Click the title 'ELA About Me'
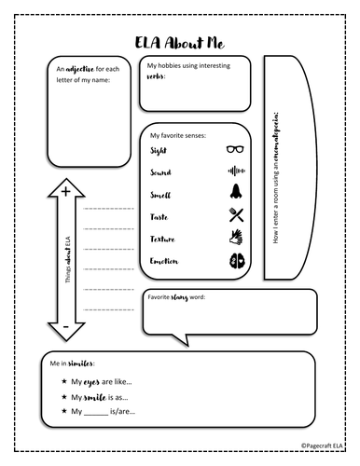click(x=180, y=43)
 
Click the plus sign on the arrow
click(x=65, y=192)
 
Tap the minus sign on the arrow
click(x=65, y=329)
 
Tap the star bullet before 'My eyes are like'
click(x=62, y=382)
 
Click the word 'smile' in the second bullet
click(x=96, y=396)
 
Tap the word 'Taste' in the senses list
click(x=160, y=217)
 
